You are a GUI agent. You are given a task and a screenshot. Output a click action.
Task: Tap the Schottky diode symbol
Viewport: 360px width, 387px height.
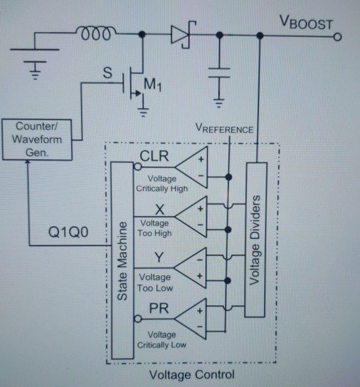click(178, 34)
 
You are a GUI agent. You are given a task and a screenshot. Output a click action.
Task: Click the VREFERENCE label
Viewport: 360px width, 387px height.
click(224, 129)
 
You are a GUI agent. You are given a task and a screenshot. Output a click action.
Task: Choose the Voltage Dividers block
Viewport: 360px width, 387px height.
click(255, 240)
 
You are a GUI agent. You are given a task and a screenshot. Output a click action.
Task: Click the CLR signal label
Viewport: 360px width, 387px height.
click(154, 157)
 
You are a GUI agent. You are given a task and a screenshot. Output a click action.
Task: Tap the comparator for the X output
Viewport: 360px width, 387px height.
click(194, 216)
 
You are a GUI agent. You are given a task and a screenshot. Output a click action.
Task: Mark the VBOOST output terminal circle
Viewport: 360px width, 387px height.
click(337, 35)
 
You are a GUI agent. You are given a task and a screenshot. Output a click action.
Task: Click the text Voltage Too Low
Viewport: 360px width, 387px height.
click(154, 282)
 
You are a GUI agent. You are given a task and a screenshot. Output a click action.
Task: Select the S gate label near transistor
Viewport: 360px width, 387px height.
click(108, 73)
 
